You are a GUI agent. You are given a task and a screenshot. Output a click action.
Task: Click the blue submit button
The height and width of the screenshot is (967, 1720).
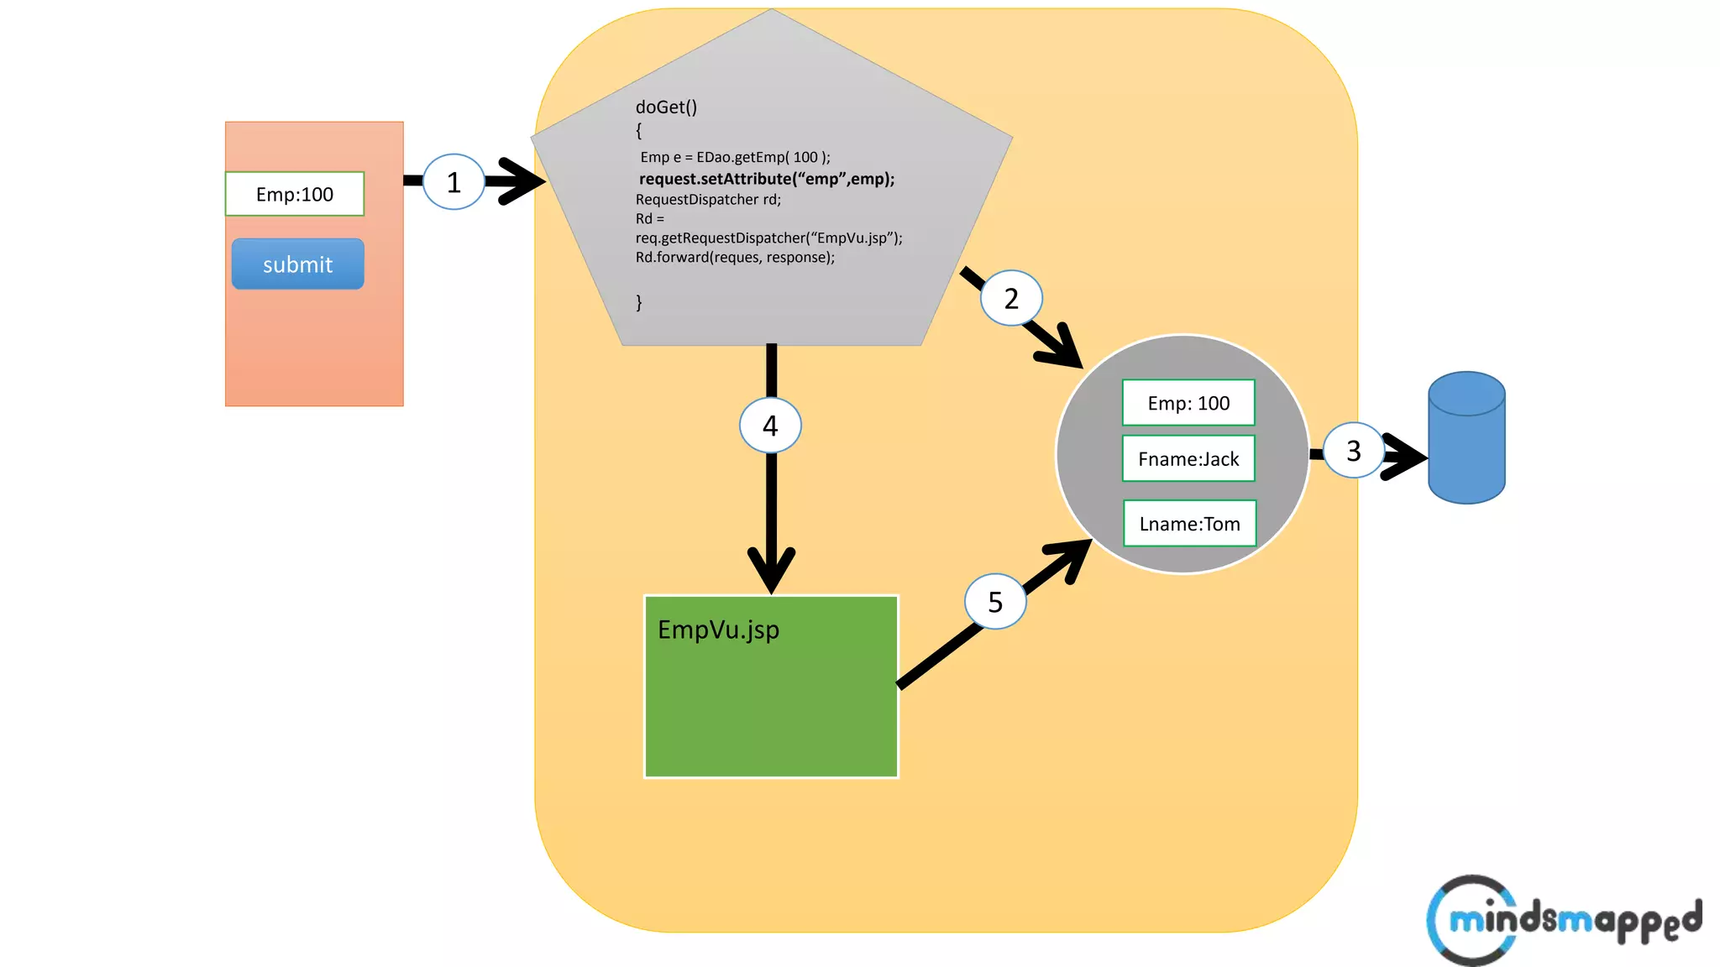[297, 264]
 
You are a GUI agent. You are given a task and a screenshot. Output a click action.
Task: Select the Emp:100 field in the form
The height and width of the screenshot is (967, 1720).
[294, 194]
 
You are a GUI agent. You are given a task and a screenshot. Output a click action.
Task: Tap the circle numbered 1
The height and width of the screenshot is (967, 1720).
[454, 182]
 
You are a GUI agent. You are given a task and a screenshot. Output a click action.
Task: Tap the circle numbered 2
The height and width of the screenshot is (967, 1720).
[1011, 298]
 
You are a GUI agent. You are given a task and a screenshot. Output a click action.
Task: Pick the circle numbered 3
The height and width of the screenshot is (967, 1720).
[1353, 451]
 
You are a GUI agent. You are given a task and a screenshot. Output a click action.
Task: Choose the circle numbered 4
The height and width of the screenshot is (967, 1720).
[770, 426]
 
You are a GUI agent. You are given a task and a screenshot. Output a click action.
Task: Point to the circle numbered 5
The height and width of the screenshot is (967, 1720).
[995, 602]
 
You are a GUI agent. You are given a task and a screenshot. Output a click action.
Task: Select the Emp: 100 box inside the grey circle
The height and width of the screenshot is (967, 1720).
[1188, 403]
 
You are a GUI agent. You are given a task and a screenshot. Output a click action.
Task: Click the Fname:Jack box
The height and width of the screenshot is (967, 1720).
[1188, 459]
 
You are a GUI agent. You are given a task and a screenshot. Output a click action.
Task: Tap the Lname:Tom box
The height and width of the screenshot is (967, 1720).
[1189, 524]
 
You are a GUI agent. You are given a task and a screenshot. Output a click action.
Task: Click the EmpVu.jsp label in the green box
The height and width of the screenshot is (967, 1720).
[718, 630]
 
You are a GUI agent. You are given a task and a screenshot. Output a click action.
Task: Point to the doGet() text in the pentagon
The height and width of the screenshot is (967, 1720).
[666, 107]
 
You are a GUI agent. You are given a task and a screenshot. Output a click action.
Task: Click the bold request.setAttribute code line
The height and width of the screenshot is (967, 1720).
[766, 179]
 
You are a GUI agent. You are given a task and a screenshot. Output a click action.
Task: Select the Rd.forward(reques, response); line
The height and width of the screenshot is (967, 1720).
[735, 258]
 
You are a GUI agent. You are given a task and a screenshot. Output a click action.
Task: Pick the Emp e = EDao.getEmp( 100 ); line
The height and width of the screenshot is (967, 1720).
[735, 157]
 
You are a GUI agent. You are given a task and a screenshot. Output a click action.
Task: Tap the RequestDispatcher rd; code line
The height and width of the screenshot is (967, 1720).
[708, 200]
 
